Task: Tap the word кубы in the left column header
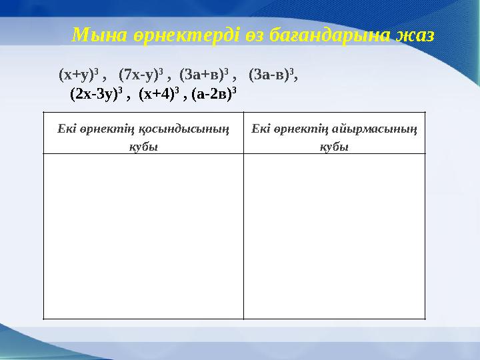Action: pyautogui.click(x=143, y=147)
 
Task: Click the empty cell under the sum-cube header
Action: pyautogui.click(x=143, y=236)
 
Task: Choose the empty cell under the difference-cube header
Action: pyautogui.click(x=334, y=236)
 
